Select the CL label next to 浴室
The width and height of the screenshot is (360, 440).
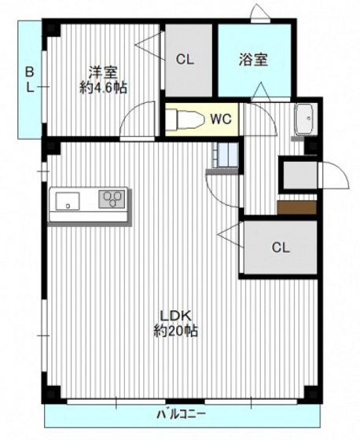186,59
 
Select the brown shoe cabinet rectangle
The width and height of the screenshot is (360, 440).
296,207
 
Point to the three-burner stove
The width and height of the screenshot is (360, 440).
112,199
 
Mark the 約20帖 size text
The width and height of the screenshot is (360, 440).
175,332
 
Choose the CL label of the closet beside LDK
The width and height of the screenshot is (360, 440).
280,247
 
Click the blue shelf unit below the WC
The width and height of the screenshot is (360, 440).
222,156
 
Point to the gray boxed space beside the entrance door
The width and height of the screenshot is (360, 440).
299,174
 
